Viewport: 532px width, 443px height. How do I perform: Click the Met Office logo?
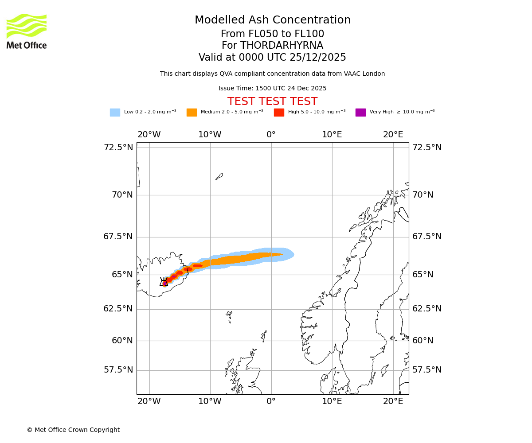pyautogui.click(x=27, y=31)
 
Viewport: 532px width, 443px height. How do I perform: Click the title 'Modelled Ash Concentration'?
pyautogui.click(x=273, y=20)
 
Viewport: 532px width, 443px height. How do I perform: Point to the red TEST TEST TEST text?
pyautogui.click(x=272, y=101)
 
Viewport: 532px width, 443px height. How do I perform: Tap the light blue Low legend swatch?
pyautogui.click(x=115, y=113)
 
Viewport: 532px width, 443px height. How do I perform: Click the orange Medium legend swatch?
pyautogui.click(x=192, y=113)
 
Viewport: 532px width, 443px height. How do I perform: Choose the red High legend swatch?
pyautogui.click(x=279, y=113)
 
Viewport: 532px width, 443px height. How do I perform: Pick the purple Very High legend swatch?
pyautogui.click(x=360, y=113)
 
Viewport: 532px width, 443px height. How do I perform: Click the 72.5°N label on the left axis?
pyautogui.click(x=118, y=148)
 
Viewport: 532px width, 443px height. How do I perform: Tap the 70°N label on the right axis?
pyautogui.click(x=423, y=195)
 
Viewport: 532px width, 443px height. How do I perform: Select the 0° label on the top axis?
pyautogui.click(x=271, y=135)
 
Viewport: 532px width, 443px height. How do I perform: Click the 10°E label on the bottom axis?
pyautogui.click(x=332, y=401)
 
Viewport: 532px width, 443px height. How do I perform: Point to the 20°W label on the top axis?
pyautogui.click(x=149, y=135)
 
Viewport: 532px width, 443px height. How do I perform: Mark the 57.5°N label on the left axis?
pyautogui.click(x=118, y=370)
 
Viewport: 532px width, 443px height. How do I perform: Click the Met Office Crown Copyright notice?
pyautogui.click(x=73, y=430)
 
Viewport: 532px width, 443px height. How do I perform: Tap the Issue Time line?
pyautogui.click(x=272, y=89)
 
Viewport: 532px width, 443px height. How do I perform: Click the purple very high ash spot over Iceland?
pyautogui.click(x=165, y=283)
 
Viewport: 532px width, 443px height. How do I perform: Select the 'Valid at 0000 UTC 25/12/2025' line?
pyautogui.click(x=272, y=58)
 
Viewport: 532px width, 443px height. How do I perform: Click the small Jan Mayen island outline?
pyautogui.click(x=219, y=176)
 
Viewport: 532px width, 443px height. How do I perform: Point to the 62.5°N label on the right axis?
pyautogui.click(x=427, y=309)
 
